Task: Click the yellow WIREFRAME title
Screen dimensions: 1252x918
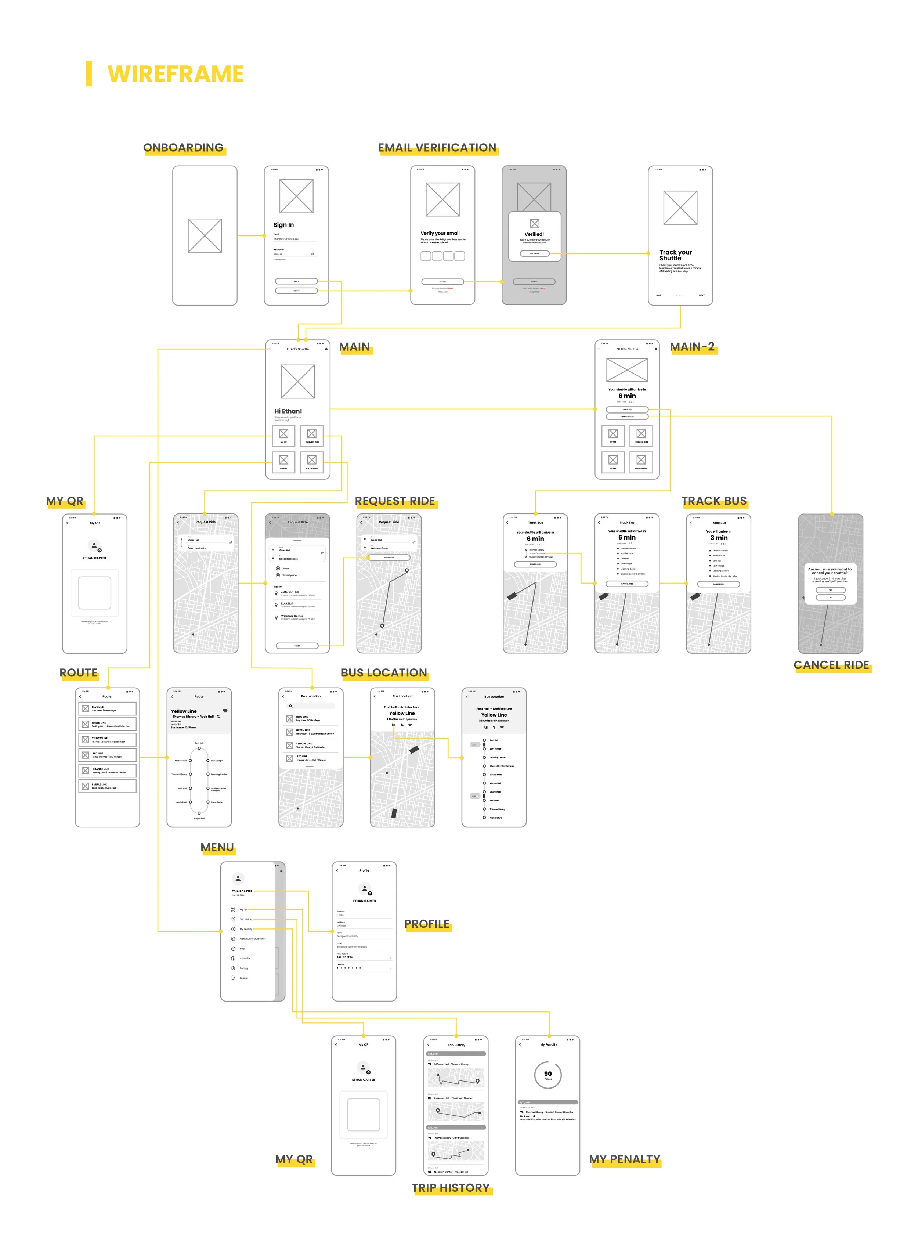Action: (x=175, y=74)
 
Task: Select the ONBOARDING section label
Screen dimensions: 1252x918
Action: (x=183, y=148)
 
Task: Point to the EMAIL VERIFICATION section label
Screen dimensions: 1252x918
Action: (x=437, y=148)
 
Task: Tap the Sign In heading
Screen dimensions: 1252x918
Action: (x=283, y=225)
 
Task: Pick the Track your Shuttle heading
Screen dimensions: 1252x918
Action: (x=675, y=255)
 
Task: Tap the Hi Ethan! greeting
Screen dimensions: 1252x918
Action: (x=288, y=411)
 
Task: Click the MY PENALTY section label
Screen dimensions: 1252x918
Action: (x=625, y=1159)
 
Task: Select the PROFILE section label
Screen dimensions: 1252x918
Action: (x=427, y=924)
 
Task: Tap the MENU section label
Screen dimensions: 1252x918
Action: (x=217, y=847)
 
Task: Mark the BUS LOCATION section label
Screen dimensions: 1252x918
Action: (x=384, y=673)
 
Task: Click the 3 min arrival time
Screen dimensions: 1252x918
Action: (x=719, y=538)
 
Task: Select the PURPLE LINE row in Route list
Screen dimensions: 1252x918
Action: (x=107, y=786)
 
